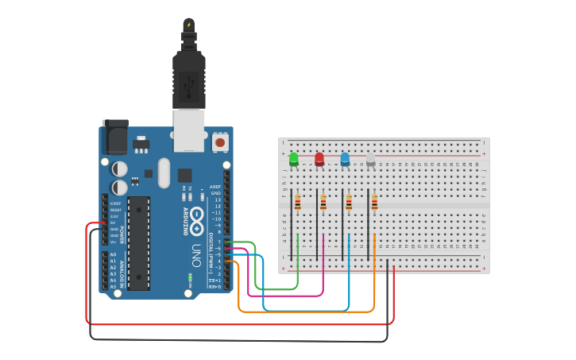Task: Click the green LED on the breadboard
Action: tap(294, 159)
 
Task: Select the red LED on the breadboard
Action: tap(319, 159)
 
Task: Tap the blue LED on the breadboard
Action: tap(345, 159)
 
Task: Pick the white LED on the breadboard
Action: tap(370, 159)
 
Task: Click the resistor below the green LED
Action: tap(297, 203)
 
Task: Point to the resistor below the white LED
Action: tap(373, 203)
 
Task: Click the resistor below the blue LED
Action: tap(348, 203)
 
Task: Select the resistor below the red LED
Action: tap(323, 203)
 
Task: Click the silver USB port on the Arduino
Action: tap(189, 130)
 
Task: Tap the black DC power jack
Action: tap(114, 137)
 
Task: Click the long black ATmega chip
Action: tap(138, 242)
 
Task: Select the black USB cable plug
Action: tap(189, 79)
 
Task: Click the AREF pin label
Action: tap(215, 186)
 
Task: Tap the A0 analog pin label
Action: tap(113, 254)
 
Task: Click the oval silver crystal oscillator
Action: tap(164, 172)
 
